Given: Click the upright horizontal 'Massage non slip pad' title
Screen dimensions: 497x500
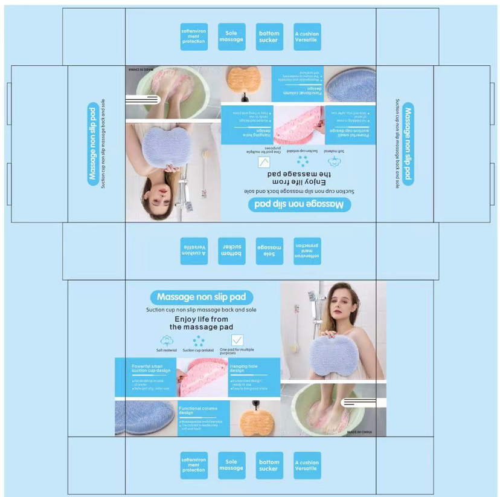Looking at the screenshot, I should click(x=201, y=297).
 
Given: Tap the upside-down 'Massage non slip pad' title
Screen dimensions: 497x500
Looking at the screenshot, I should click(x=300, y=204).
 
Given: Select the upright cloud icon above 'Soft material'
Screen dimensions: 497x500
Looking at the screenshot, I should click(x=167, y=340).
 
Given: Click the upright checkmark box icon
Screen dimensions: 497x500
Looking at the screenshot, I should click(x=237, y=340).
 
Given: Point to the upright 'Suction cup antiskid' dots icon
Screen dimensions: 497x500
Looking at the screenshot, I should click(x=199, y=340).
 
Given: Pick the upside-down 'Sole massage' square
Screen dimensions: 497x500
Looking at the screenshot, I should click(x=270, y=250).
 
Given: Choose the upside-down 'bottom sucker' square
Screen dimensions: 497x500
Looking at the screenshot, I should click(x=232, y=250).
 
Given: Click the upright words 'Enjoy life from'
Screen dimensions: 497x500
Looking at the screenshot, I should click(x=201, y=319).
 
